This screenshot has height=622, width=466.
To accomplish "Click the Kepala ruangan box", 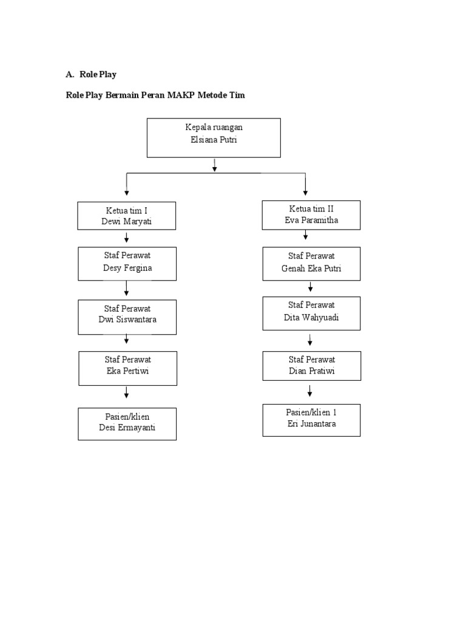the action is point(214,138).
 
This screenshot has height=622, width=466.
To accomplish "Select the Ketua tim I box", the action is point(126,216).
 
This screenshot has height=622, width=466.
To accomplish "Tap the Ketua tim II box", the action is point(311,215).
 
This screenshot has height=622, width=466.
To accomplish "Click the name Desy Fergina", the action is point(127,268).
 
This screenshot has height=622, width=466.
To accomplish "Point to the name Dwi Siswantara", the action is point(127,320).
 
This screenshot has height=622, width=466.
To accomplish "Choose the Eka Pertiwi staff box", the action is point(127,368).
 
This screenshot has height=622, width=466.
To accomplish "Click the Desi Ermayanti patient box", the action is point(127,423).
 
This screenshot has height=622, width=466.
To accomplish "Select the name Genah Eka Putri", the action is point(311,268).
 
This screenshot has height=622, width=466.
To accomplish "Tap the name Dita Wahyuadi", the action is point(311,317).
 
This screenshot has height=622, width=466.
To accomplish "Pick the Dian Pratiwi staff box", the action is point(311,366).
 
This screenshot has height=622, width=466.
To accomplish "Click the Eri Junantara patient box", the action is point(311,420).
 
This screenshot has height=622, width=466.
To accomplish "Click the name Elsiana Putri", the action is point(214,140).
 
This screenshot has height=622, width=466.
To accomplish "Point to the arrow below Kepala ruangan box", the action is point(214,165).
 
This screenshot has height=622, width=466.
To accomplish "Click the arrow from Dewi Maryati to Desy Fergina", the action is point(126,238).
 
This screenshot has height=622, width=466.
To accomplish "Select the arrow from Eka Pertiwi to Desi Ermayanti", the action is point(126,393).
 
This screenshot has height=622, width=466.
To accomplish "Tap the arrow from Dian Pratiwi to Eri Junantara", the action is point(310,391).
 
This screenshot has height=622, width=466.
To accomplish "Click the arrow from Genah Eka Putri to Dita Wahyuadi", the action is point(310,287).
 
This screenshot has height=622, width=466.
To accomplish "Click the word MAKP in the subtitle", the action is point(181,95).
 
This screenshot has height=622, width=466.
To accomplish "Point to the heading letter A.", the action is point(70,74).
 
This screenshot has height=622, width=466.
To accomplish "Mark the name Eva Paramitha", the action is point(311,220).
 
